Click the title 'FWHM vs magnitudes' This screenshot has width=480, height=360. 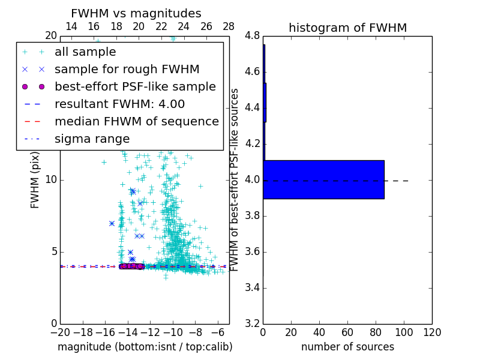[x=136, y=14]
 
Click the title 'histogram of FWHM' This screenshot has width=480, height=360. [x=347, y=28]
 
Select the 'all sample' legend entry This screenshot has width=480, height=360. [x=85, y=52]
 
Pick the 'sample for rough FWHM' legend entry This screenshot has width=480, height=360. [x=127, y=69]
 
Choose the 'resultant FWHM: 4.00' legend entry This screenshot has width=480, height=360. [x=119, y=104]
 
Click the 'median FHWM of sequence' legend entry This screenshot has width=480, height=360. [x=136, y=121]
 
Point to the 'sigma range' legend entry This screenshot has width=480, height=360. [x=92, y=139]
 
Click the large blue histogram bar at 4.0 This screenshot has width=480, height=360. [x=323, y=179]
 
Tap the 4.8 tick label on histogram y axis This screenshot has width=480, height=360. [x=252, y=36]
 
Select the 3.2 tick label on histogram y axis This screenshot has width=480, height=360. [x=252, y=323]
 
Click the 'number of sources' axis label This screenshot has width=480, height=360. [x=347, y=347]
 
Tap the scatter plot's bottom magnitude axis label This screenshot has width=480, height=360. [x=145, y=347]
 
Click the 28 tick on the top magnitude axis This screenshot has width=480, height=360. [x=229, y=26]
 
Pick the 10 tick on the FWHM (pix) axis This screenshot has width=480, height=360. [x=51, y=180]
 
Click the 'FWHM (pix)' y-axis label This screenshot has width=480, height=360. [x=35, y=180]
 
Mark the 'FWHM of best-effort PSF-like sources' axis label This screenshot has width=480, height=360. [x=235, y=179]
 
